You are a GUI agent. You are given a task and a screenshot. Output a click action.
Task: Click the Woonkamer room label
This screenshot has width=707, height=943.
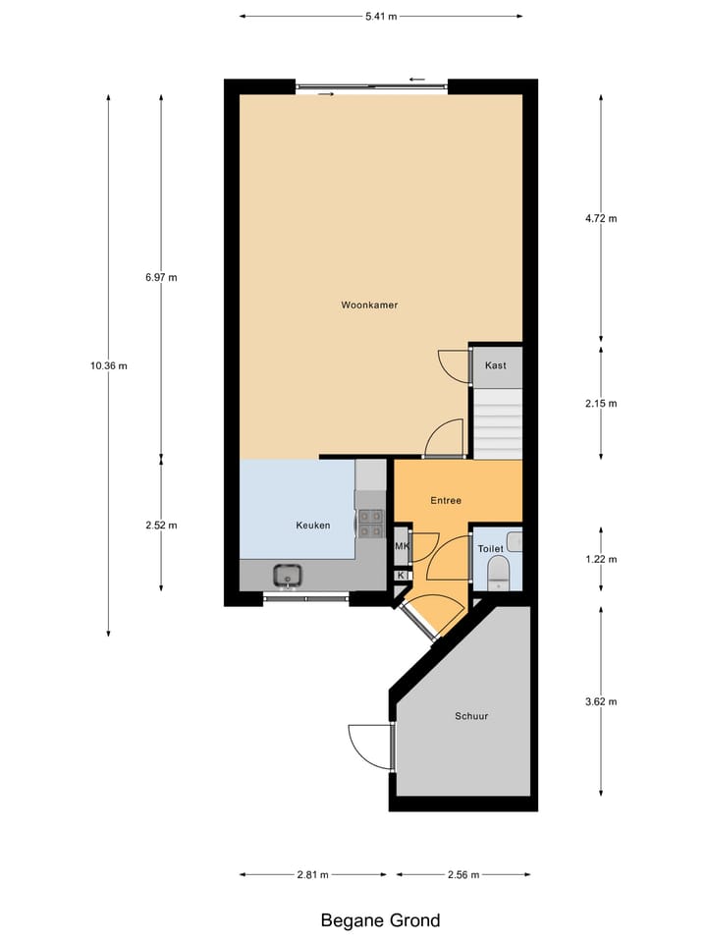click(369, 305)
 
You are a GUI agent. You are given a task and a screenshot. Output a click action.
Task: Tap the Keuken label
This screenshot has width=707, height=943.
click(312, 526)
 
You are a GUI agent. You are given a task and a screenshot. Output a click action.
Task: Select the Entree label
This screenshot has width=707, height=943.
click(446, 501)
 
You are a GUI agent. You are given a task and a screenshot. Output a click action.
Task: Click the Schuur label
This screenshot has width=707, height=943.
click(470, 716)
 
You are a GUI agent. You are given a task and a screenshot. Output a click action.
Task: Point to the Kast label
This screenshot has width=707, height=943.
click(496, 365)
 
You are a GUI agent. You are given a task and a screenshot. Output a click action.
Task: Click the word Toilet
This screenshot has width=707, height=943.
click(490, 549)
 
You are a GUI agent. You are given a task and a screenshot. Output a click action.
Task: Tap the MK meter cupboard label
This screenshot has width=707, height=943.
click(402, 547)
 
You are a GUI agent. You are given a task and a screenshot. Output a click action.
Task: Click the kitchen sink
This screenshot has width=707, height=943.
click(288, 575)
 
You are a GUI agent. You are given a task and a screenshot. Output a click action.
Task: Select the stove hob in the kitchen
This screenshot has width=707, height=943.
click(370, 524)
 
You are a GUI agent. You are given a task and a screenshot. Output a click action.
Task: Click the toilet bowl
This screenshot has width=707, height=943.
click(498, 572)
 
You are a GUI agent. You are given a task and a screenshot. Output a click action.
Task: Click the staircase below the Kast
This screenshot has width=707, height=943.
click(496, 421)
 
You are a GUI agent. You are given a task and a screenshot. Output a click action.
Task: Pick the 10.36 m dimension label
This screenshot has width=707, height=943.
click(108, 365)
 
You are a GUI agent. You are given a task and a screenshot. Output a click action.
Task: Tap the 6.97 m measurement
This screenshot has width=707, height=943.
click(161, 278)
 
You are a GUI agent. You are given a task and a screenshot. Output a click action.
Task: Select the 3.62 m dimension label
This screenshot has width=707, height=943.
click(600, 702)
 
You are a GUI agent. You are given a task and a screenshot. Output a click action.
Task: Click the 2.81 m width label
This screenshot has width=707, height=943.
click(312, 874)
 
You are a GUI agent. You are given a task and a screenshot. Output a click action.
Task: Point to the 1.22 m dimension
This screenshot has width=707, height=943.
click(600, 560)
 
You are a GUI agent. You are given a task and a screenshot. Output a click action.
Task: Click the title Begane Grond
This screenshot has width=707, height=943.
click(380, 920)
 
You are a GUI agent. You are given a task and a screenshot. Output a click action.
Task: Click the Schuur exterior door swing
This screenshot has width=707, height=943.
click(370, 747)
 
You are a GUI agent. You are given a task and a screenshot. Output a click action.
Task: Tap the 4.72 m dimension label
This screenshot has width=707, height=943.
click(600, 219)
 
